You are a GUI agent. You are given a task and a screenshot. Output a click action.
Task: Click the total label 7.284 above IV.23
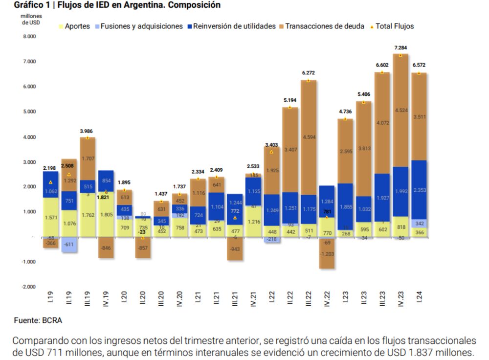pyautogui.click(x=400, y=48)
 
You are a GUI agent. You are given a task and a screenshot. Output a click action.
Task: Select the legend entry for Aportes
pyautogui.click(x=74, y=26)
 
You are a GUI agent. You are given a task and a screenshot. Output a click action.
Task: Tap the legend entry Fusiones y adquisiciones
pyautogui.click(x=138, y=26)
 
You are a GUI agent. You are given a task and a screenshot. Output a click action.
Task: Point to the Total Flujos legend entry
pyautogui.click(x=393, y=26)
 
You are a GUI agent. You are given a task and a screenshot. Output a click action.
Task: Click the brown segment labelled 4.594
pyautogui.click(x=309, y=137)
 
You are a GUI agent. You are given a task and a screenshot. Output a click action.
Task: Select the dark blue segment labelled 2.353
pyautogui.click(x=419, y=191)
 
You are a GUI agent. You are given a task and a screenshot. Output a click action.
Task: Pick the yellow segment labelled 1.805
pyautogui.click(x=106, y=214)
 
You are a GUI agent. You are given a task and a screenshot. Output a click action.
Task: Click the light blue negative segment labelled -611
pyautogui.click(x=69, y=245)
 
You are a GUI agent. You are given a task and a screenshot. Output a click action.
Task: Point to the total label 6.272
pyautogui.click(x=309, y=73)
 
